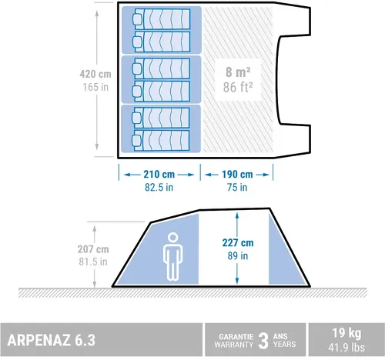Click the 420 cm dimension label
95,74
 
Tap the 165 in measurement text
95,87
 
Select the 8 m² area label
238,72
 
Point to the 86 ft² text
238,87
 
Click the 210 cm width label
159,175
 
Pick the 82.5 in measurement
159,187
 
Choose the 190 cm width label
237,175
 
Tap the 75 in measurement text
237,187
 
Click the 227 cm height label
238,242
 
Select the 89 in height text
238,255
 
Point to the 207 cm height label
93,249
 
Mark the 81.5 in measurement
93,262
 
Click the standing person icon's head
172,238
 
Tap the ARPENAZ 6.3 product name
52,340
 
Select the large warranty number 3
263,341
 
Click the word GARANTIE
236,336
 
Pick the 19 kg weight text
346,333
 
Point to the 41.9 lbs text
346,348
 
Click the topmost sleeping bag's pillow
137,19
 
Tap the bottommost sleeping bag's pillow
136,140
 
